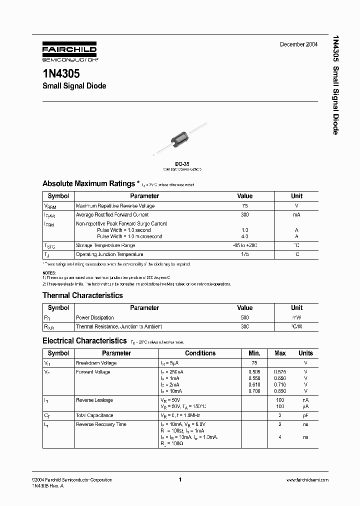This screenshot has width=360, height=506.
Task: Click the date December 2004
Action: click(x=298, y=44)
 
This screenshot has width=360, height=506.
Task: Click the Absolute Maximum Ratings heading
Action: click(x=88, y=183)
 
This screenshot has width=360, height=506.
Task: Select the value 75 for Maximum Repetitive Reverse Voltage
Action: click(x=245, y=205)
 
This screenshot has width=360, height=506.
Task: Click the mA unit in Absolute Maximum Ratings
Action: click(x=296, y=214)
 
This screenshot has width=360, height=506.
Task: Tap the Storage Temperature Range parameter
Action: click(x=105, y=245)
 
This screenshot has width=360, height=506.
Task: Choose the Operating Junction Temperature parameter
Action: click(x=109, y=254)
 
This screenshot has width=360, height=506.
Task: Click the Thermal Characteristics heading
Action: click(x=82, y=295)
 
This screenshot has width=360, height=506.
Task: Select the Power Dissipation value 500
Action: click(x=244, y=317)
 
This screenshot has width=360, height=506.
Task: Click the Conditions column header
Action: click(x=200, y=353)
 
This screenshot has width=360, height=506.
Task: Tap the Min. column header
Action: click(x=255, y=353)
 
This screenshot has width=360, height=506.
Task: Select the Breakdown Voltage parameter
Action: click(x=96, y=363)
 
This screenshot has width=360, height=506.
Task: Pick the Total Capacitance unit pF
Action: click(x=305, y=415)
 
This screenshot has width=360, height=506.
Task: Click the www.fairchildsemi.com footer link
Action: click(x=307, y=480)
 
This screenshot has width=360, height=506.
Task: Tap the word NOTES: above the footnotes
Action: click(x=49, y=272)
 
